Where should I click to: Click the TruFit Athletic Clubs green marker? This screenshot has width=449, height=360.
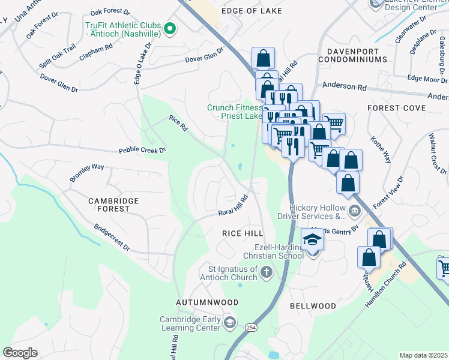[x=170, y=28]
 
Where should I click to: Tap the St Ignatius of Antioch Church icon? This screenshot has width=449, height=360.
[x=267, y=274]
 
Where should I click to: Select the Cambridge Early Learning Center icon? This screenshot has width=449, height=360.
[x=229, y=323]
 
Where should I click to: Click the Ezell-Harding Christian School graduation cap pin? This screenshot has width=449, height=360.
[x=312, y=240]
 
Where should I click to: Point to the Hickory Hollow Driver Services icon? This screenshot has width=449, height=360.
[x=354, y=211]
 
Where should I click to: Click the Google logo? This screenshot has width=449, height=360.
[x=20, y=353]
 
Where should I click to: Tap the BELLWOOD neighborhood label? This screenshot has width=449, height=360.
[x=313, y=306]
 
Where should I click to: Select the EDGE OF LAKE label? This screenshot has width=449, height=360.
[x=252, y=11]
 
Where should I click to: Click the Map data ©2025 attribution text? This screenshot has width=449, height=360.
[x=423, y=355]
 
